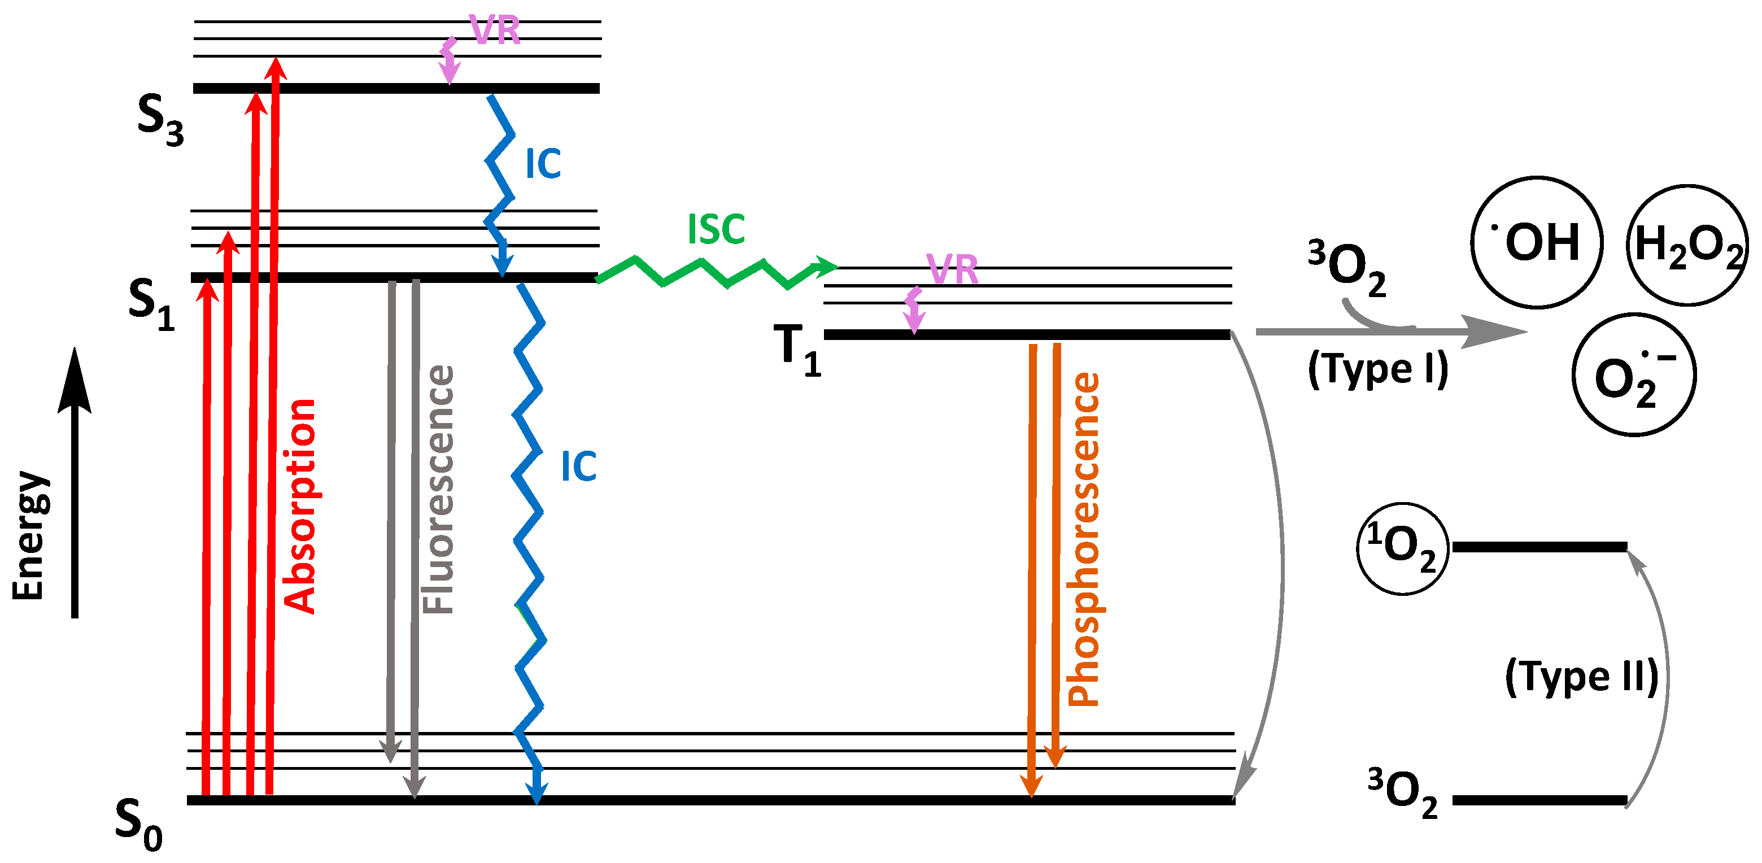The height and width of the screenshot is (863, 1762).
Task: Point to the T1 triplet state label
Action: click(797, 350)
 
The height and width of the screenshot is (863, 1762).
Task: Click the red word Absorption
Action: click(299, 506)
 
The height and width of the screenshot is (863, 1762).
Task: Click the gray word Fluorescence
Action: click(438, 490)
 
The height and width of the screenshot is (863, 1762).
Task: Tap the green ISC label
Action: click(716, 229)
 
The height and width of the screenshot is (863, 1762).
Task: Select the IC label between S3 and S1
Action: click(543, 164)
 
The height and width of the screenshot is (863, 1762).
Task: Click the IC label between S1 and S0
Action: click(579, 467)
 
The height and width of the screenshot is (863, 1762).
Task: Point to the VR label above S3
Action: click(495, 30)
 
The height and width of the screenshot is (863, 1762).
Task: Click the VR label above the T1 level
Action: click(952, 269)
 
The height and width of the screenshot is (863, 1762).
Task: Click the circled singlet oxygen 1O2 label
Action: click(1402, 549)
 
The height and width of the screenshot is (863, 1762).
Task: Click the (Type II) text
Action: click(1581, 677)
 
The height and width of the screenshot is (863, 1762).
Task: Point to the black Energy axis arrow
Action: click(75, 479)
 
